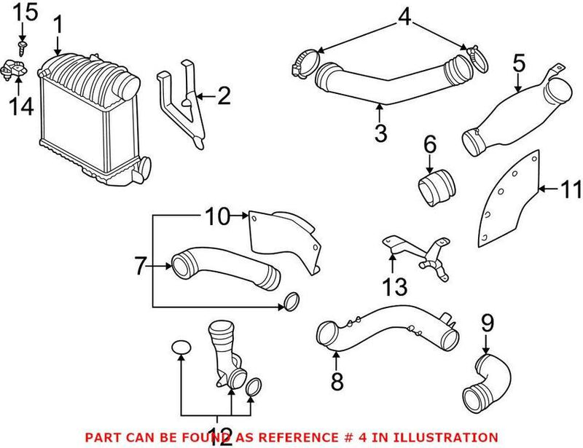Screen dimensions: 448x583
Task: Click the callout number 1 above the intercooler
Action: coord(58,28)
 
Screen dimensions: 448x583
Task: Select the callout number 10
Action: coord(216,216)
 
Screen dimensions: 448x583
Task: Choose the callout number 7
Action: coord(139,267)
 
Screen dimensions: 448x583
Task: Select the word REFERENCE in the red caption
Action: coord(286,436)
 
